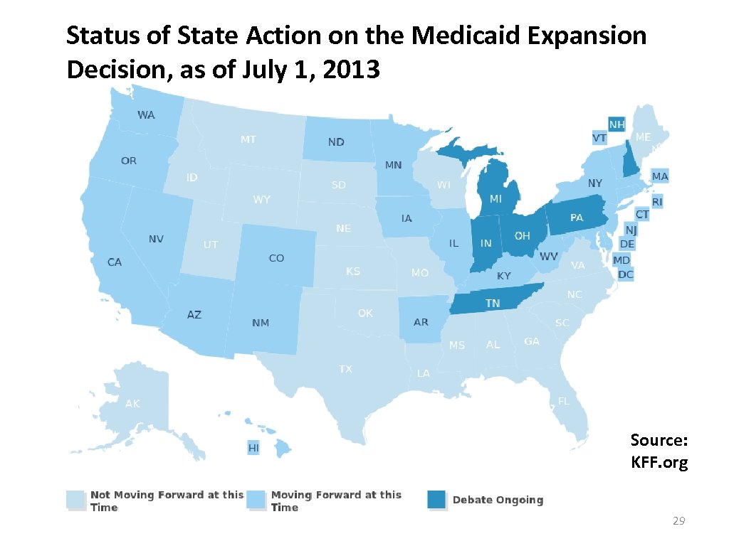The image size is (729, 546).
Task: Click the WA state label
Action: pyautogui.click(x=146, y=114)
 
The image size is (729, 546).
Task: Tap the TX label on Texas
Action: pyautogui.click(x=345, y=369)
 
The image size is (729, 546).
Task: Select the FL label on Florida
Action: pyautogui.click(x=563, y=401)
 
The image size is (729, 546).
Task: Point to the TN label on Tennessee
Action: pyautogui.click(x=493, y=304)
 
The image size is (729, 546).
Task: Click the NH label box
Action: pyautogui.click(x=617, y=124)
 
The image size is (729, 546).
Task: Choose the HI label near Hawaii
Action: pyautogui.click(x=253, y=448)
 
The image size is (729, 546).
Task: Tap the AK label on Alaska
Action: pyautogui.click(x=132, y=404)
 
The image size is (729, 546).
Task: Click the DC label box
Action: pyautogui.click(x=625, y=274)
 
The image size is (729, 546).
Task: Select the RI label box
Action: pyautogui.click(x=656, y=202)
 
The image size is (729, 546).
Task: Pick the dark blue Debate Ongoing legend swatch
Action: pyautogui.click(x=436, y=499)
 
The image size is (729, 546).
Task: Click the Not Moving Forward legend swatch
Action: pyautogui.click(x=75, y=499)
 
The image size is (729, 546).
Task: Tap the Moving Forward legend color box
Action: pyautogui.click(x=256, y=499)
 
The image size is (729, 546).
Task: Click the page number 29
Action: pyautogui.click(x=678, y=522)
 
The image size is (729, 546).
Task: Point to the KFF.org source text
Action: pyautogui.click(x=659, y=464)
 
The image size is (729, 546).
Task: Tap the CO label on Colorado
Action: pyautogui.click(x=276, y=258)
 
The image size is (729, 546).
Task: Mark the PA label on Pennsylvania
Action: pyautogui.click(x=577, y=218)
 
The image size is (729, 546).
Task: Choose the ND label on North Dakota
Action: pyautogui.click(x=336, y=142)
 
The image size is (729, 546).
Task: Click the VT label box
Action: pyautogui.click(x=599, y=137)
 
